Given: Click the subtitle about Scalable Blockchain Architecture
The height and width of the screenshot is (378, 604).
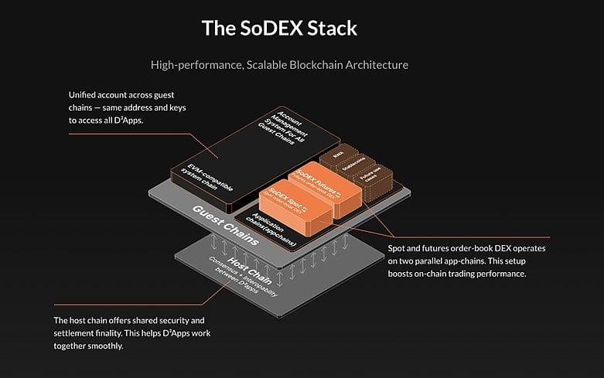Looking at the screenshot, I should (x=301, y=65).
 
